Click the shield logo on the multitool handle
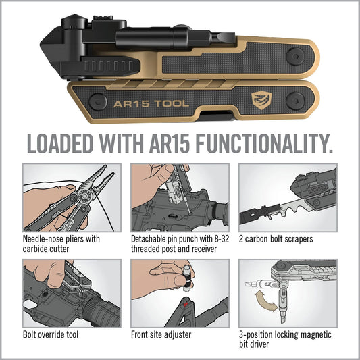pyautogui.click(x=261, y=101)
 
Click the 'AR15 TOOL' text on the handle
pyautogui.click(x=151, y=104)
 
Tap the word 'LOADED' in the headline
pyautogui.click(x=60, y=143)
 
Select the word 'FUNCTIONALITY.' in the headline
pyautogui.click(x=264, y=143)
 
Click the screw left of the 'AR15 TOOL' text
pyautogui.click(x=98, y=102)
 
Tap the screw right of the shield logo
pyautogui.click(x=296, y=101)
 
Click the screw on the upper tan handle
pyautogui.click(x=296, y=57)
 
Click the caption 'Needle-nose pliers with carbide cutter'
pyautogui.click(x=61, y=244)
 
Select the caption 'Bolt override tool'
pyautogui.click(x=51, y=334)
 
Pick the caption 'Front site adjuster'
pyautogui.click(x=161, y=334)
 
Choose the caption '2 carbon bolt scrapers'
pyautogui.click(x=276, y=239)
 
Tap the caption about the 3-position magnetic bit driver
pyautogui.click(x=285, y=339)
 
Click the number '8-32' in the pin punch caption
pyautogui.click(x=222, y=239)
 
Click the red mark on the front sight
pyautogui.click(x=186, y=304)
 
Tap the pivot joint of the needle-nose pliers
pyautogui.click(x=84, y=196)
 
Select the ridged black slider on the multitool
pyautogui.click(x=110, y=66)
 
